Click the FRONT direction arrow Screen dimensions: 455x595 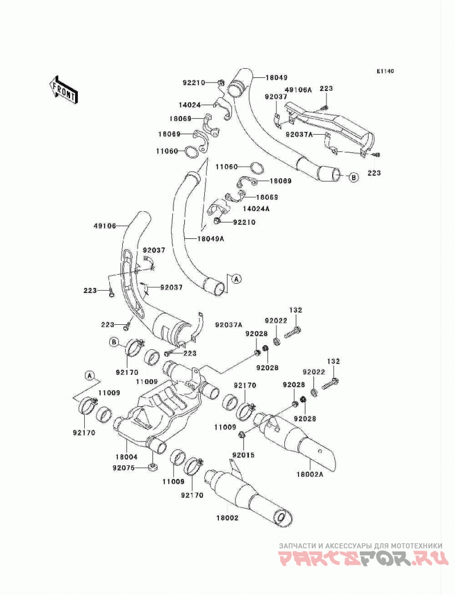[x=64, y=89]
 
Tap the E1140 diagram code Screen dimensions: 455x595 [x=386, y=71]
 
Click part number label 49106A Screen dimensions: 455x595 [x=298, y=89]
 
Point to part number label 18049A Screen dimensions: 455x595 [x=210, y=239]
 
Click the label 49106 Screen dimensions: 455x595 [x=104, y=226]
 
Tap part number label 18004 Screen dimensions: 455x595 [x=126, y=457]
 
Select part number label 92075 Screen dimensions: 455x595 [x=123, y=468]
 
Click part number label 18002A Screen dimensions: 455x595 [x=310, y=474]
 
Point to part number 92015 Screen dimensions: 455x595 [x=243, y=455]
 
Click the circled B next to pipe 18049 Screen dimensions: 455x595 [x=353, y=177]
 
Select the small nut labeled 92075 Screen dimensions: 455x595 [x=153, y=467]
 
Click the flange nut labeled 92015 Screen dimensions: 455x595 [x=242, y=435]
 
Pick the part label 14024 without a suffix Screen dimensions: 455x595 [x=190, y=105]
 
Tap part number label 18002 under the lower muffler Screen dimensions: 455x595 [x=227, y=518]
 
